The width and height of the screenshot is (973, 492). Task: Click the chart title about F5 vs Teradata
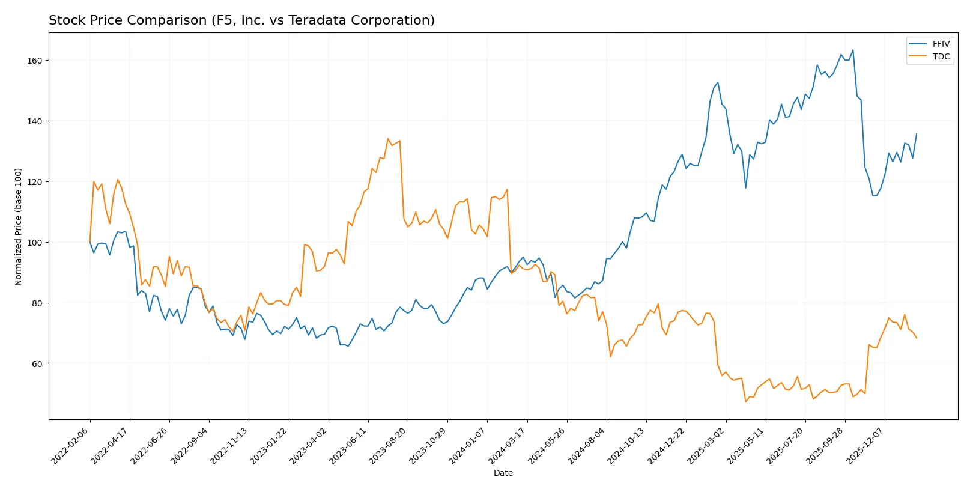241,20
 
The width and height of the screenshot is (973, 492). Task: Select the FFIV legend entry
941,44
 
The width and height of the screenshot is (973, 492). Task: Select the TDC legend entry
941,56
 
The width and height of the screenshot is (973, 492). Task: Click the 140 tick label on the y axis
34,121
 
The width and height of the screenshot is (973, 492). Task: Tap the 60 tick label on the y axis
37,363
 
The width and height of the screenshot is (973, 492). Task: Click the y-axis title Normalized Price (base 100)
19,226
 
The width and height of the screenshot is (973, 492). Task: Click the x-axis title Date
503,473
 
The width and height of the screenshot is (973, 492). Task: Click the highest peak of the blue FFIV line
853,50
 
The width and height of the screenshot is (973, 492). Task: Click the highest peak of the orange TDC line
388,139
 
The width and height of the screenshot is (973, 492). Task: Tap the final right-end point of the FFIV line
917,133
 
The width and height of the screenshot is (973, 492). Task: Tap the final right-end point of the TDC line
917,338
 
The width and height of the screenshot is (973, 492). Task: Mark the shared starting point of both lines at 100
90,242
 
